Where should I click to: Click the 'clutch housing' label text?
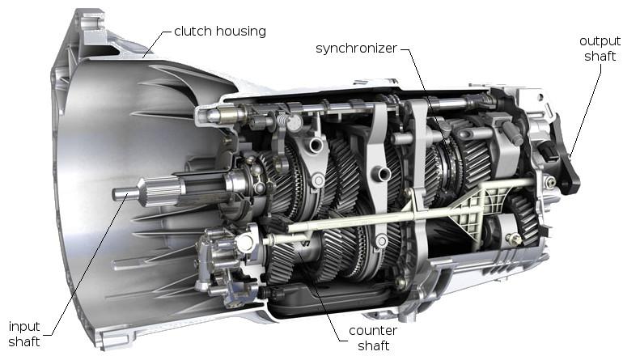(x=219, y=32)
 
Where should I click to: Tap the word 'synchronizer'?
(x=357, y=49)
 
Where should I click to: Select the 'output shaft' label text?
(x=600, y=48)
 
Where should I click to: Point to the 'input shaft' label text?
(x=24, y=332)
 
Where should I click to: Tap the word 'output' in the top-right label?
(x=600, y=40)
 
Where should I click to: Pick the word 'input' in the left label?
(x=24, y=325)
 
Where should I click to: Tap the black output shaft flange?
(x=566, y=166)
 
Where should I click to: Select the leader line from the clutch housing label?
(x=157, y=44)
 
